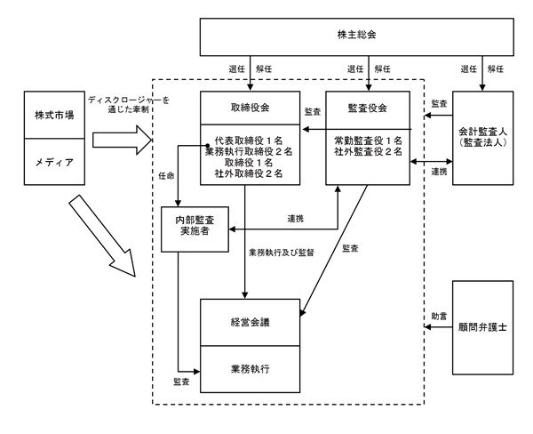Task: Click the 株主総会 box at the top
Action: [356, 36]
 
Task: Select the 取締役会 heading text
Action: [250, 108]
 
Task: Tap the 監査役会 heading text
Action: [368, 108]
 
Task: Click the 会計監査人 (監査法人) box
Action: [482, 138]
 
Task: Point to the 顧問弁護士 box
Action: [482, 327]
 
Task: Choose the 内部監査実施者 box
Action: [195, 229]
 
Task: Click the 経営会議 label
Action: [250, 322]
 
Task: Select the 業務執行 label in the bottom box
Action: [250, 369]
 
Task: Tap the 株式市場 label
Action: [54, 115]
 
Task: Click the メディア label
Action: [54, 162]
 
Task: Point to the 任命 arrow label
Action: [166, 175]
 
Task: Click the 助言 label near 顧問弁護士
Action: [439, 317]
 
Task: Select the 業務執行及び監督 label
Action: [282, 253]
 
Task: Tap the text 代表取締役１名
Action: [249, 141]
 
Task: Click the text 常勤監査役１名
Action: [368, 141]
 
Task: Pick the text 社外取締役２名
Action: [249, 173]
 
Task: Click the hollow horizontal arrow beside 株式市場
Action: [122, 140]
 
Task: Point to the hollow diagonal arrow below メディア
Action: [102, 236]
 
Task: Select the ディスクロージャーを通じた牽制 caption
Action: [129, 105]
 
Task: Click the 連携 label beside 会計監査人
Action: [439, 172]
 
